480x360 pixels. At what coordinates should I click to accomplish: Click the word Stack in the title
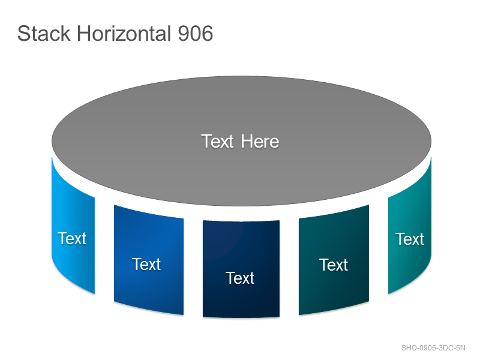(44, 34)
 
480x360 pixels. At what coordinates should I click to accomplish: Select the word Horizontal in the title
(124, 34)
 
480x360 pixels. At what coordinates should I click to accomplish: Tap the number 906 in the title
(196, 34)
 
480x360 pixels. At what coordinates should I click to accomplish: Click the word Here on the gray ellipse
(260, 142)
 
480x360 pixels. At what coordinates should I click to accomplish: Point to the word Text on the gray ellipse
(217, 142)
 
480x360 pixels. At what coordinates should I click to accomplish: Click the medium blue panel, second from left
(149, 260)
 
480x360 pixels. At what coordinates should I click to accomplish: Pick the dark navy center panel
(241, 269)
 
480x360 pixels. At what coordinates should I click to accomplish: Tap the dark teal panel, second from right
(334, 260)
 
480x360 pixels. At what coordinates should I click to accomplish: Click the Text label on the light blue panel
(72, 238)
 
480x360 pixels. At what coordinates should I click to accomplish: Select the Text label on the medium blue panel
(146, 264)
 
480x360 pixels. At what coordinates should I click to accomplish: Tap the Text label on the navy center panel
(240, 278)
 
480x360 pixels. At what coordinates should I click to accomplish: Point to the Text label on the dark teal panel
(334, 265)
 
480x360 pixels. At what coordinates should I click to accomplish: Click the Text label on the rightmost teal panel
(410, 239)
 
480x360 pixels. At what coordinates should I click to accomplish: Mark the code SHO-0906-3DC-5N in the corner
(433, 348)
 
